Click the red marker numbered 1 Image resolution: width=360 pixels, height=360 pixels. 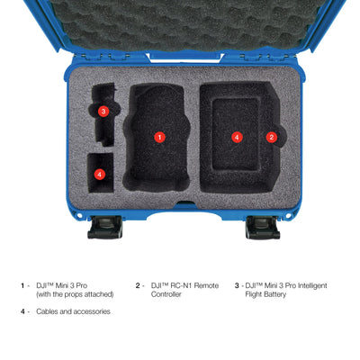[x=159, y=138]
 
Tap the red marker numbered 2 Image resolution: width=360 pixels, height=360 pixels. [x=272, y=138]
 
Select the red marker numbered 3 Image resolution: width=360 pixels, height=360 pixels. [x=103, y=112]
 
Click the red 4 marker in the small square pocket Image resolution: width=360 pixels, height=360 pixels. [x=100, y=175]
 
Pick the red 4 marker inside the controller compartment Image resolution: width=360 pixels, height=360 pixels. [x=237, y=138]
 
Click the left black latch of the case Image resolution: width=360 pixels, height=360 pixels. [x=105, y=228]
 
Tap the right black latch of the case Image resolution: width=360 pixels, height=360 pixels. [x=263, y=228]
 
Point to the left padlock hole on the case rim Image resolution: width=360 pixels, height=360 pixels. [x=79, y=215]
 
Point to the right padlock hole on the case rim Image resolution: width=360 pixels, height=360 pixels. [x=288, y=215]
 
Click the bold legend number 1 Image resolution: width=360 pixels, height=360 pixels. [x=22, y=285]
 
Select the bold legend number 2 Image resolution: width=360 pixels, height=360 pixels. [x=138, y=285]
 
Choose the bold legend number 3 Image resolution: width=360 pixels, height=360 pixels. [x=237, y=285]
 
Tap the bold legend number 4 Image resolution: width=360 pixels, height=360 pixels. [x=22, y=311]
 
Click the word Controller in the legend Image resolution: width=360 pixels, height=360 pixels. [x=166, y=294]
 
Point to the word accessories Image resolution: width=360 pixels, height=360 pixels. [x=92, y=312]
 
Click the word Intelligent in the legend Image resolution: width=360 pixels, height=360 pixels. [x=312, y=286]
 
